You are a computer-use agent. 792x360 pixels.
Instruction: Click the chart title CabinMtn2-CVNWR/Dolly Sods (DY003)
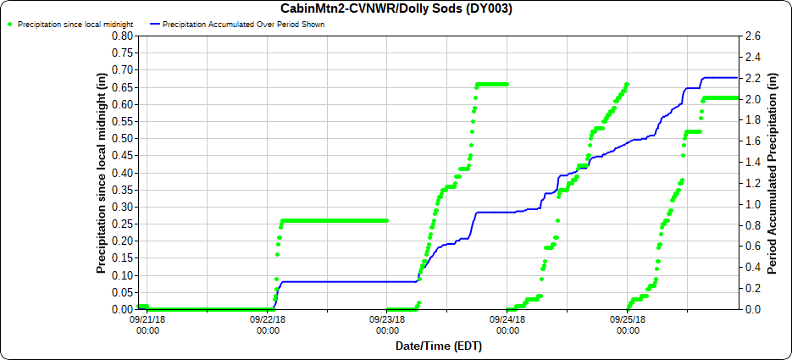(396, 9)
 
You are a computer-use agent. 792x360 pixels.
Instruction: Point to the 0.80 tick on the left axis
(122, 36)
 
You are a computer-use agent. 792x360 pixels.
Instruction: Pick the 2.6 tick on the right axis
(751, 36)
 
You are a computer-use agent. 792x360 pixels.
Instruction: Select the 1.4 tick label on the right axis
(751, 163)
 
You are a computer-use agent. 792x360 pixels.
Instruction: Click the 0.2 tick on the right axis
(751, 289)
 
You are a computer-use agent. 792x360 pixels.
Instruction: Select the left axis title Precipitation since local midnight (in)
(101, 173)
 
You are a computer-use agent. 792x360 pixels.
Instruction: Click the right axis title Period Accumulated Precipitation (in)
(772, 173)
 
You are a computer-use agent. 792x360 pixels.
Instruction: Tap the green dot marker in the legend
(10, 25)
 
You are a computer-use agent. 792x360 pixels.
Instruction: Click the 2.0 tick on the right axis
(751, 99)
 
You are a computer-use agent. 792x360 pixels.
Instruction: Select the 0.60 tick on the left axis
(122, 104)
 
